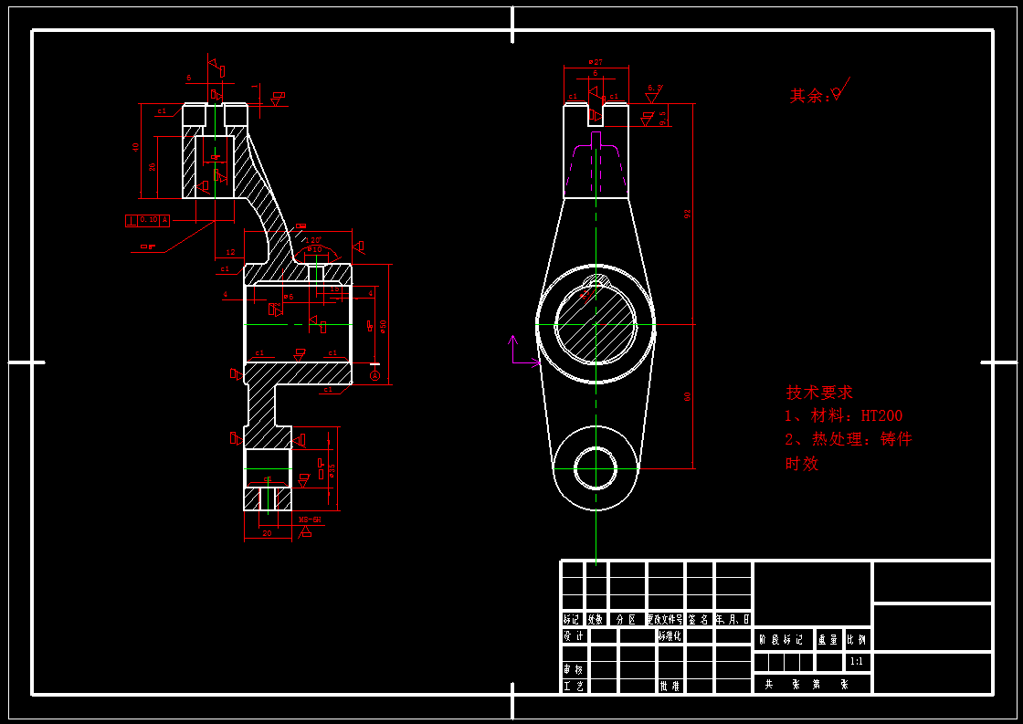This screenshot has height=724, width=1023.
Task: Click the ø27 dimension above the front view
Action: click(x=595, y=61)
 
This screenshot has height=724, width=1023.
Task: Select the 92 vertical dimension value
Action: click(x=688, y=214)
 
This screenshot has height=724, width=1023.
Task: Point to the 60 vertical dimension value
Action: click(x=688, y=395)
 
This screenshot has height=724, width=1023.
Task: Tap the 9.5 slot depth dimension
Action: click(x=663, y=115)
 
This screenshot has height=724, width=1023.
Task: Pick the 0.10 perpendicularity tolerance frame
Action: click(x=147, y=220)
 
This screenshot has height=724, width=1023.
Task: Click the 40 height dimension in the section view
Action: click(x=135, y=146)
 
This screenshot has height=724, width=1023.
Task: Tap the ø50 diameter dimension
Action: click(x=384, y=325)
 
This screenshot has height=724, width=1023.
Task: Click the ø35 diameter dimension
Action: click(x=332, y=471)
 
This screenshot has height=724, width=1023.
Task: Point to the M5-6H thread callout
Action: click(x=311, y=519)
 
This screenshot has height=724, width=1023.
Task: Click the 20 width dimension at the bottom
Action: click(x=267, y=532)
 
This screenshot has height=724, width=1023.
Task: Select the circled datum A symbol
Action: click(x=374, y=376)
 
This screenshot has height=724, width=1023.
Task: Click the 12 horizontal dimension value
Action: click(x=230, y=252)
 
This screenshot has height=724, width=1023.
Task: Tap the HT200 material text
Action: click(x=881, y=416)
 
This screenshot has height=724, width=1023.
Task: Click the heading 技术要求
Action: click(x=819, y=393)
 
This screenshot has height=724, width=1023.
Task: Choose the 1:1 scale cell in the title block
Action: click(x=857, y=661)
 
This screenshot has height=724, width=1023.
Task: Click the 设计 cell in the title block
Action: click(x=573, y=636)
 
